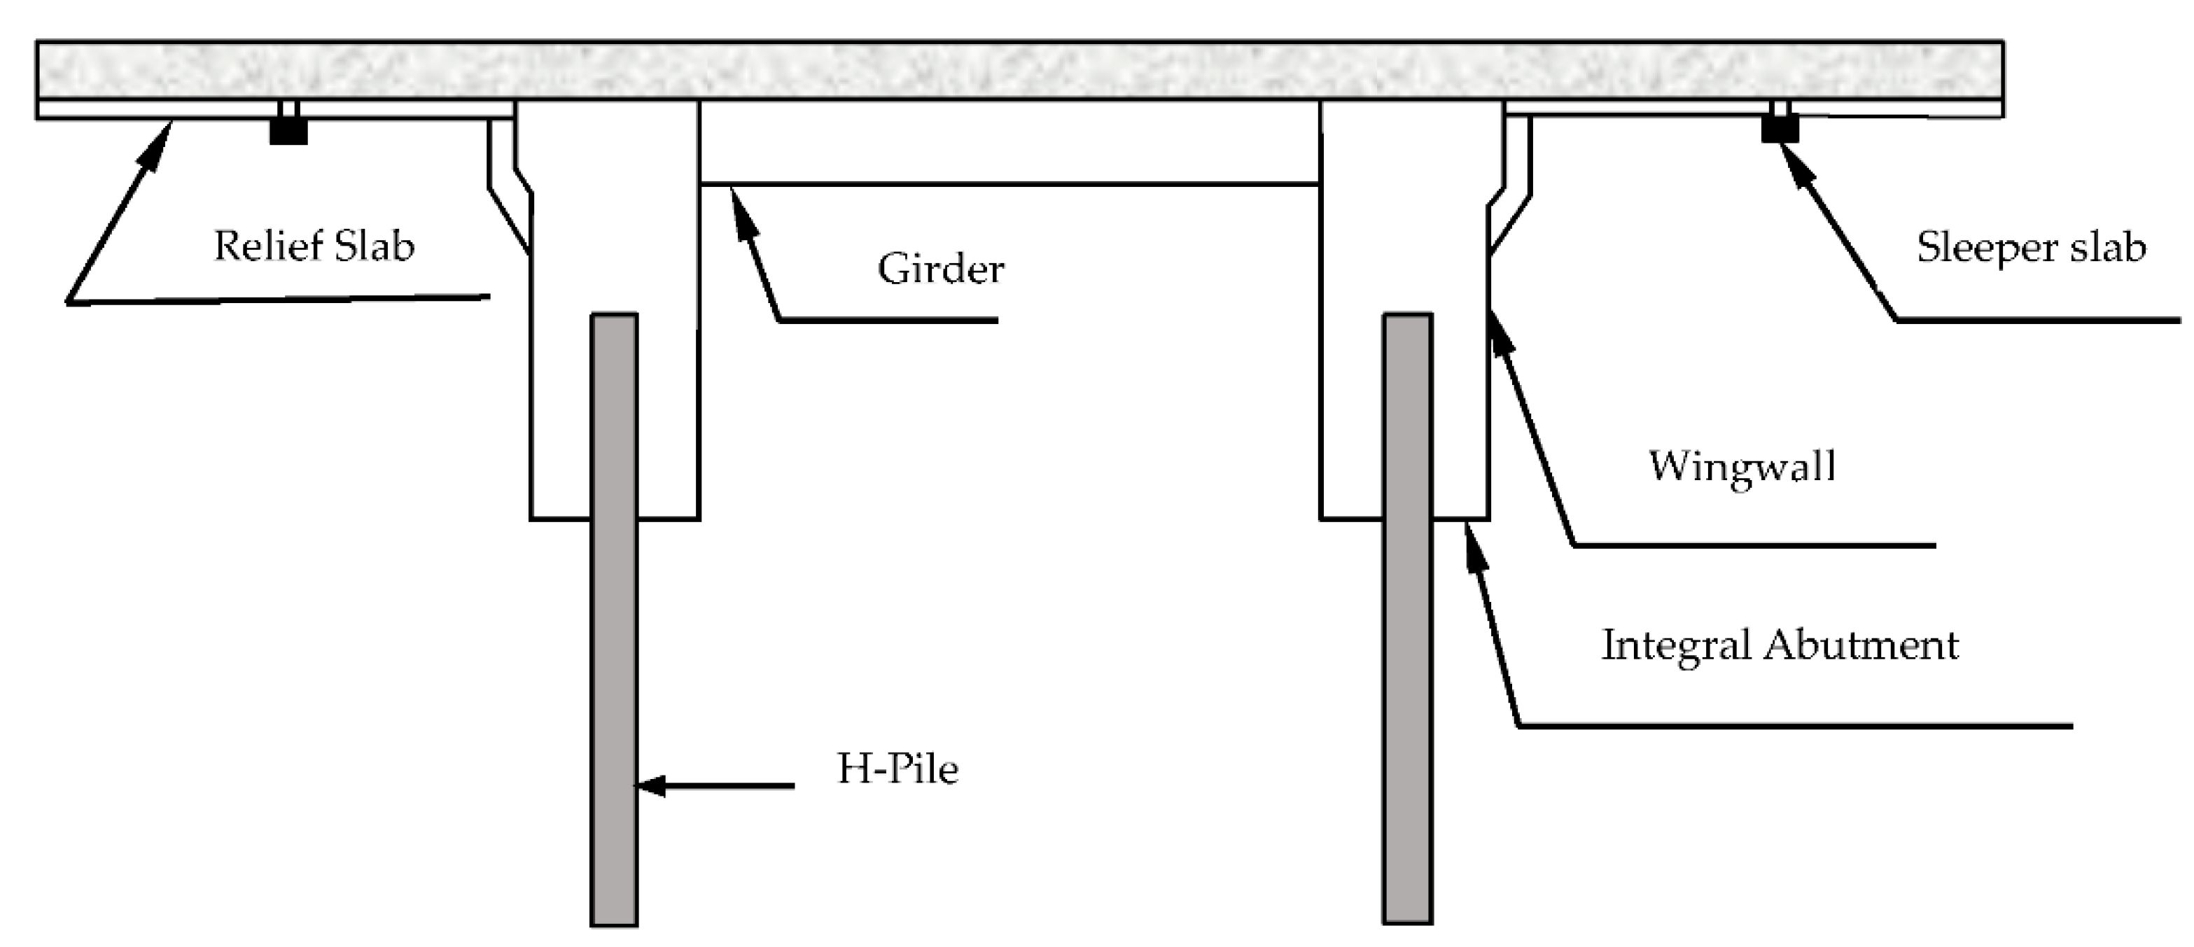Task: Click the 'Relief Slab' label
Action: (314, 246)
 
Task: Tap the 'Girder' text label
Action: (940, 269)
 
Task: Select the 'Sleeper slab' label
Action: (2030, 248)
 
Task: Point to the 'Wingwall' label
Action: (1742, 466)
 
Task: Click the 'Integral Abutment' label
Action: (1780, 645)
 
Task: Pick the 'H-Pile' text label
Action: (897, 769)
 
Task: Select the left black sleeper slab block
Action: (288, 130)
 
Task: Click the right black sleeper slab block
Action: (1780, 129)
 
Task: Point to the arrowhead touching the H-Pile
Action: (650, 785)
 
